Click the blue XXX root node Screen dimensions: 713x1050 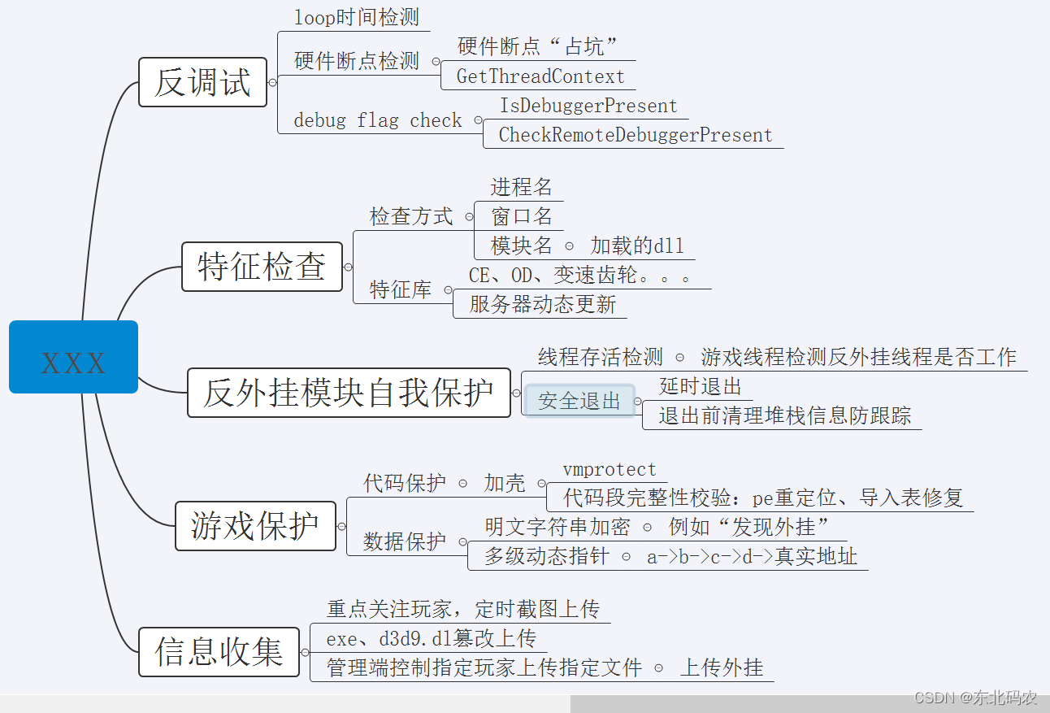click(x=73, y=357)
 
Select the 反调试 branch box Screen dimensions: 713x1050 click(x=202, y=82)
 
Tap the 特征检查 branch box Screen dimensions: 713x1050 click(x=262, y=267)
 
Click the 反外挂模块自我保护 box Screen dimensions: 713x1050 click(x=349, y=393)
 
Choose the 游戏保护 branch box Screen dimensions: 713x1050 click(x=255, y=526)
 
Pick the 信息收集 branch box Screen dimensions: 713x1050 click(x=219, y=651)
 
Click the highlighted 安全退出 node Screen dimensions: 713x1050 click(x=579, y=401)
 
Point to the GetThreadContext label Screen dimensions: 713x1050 click(x=540, y=77)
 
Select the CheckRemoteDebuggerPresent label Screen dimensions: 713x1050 click(x=636, y=135)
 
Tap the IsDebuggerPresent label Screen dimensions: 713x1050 click(x=588, y=106)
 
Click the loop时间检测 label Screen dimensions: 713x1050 click(x=357, y=17)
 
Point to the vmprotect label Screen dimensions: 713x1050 click(x=610, y=470)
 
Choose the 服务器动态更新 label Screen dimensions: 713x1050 click(x=543, y=305)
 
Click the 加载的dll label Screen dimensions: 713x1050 click(x=637, y=246)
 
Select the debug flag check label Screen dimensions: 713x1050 click(x=377, y=120)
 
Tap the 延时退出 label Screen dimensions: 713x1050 click(x=701, y=386)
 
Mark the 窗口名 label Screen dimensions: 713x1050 click(x=522, y=216)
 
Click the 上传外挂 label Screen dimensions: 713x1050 click(x=722, y=667)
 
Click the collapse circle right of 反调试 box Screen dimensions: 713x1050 click(x=272, y=82)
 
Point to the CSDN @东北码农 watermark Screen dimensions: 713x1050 click(x=975, y=698)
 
